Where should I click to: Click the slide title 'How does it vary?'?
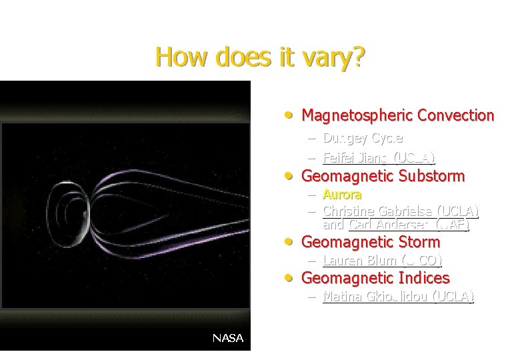coord(260,57)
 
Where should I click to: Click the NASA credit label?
coord(227,338)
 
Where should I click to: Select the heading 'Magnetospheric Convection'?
coord(397,115)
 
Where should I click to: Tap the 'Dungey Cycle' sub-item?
coord(363,139)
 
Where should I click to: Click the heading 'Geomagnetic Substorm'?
coord(383,176)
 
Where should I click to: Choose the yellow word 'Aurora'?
coord(342,195)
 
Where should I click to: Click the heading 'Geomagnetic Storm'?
coord(371,242)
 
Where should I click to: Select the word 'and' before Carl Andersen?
coord(333,225)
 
